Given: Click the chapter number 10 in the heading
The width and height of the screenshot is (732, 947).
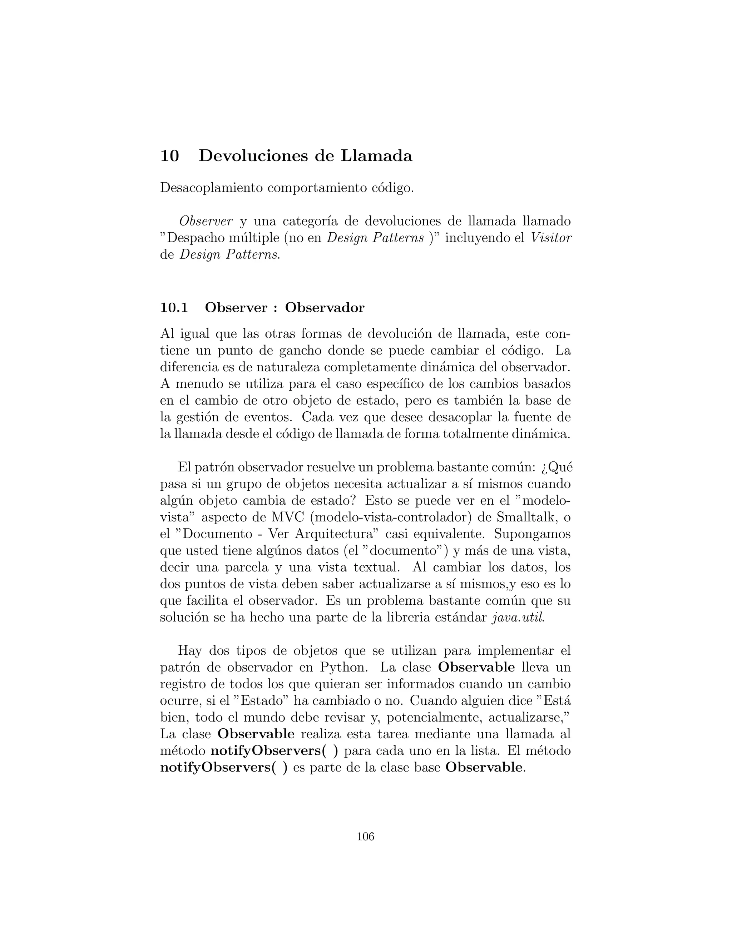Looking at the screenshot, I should pyautogui.click(x=169, y=156).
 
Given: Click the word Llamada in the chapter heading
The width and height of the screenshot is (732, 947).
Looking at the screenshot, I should pyautogui.click(x=376, y=156).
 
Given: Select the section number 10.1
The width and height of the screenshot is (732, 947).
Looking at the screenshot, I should pyautogui.click(x=174, y=307).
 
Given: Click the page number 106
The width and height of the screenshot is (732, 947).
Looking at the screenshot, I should pyautogui.click(x=365, y=837).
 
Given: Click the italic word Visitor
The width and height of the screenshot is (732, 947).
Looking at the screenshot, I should pyautogui.click(x=551, y=238).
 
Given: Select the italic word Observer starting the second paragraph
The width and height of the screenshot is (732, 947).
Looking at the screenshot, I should pyautogui.click(x=206, y=221).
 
